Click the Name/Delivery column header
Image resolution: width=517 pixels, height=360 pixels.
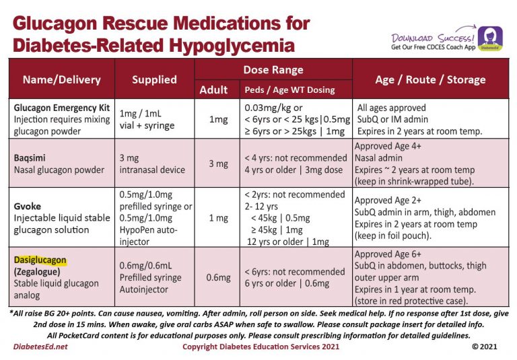(x=61, y=79)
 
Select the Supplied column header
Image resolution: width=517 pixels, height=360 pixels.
(x=154, y=79)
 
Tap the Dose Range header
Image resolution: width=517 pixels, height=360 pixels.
(x=273, y=69)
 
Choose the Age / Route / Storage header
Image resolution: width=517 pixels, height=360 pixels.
(x=430, y=79)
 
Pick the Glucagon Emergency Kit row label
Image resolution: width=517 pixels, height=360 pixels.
(x=61, y=108)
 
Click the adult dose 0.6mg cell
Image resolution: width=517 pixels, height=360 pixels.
(x=217, y=277)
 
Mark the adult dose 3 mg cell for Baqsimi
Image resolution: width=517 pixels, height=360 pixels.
(x=218, y=164)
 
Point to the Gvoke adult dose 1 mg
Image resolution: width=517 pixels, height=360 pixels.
(x=217, y=217)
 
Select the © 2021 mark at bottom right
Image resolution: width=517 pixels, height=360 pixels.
(x=485, y=347)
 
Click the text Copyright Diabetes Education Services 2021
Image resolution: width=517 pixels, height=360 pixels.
(x=261, y=347)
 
